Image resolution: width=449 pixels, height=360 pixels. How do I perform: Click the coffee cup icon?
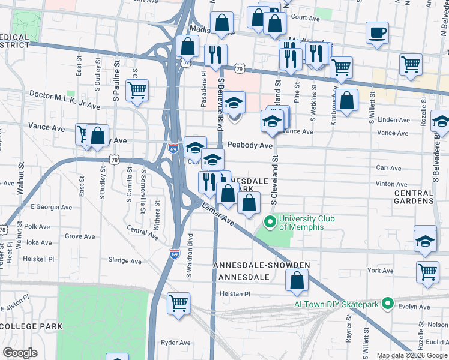377,33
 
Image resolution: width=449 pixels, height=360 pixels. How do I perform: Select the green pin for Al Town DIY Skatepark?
387,304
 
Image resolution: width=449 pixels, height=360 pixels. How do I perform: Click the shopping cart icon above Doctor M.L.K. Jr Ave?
137,91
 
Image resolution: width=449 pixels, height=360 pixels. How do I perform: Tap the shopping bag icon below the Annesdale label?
297,280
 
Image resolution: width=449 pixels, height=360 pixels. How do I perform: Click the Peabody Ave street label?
249,145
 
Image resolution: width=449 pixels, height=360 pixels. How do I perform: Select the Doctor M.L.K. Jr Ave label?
64,100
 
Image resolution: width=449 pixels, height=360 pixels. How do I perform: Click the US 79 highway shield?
240,69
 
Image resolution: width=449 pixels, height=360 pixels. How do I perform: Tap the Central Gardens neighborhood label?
414,197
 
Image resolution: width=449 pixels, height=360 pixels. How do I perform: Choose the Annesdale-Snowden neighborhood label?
262,265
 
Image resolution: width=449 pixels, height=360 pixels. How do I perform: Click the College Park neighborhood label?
31,326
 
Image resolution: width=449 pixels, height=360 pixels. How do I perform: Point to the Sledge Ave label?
124,261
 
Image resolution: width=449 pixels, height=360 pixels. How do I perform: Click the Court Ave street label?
305,18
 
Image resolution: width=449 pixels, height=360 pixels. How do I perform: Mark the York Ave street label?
380,271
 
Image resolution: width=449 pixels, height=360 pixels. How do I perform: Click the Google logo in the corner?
20,353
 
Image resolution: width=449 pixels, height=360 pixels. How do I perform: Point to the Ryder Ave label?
175,343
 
